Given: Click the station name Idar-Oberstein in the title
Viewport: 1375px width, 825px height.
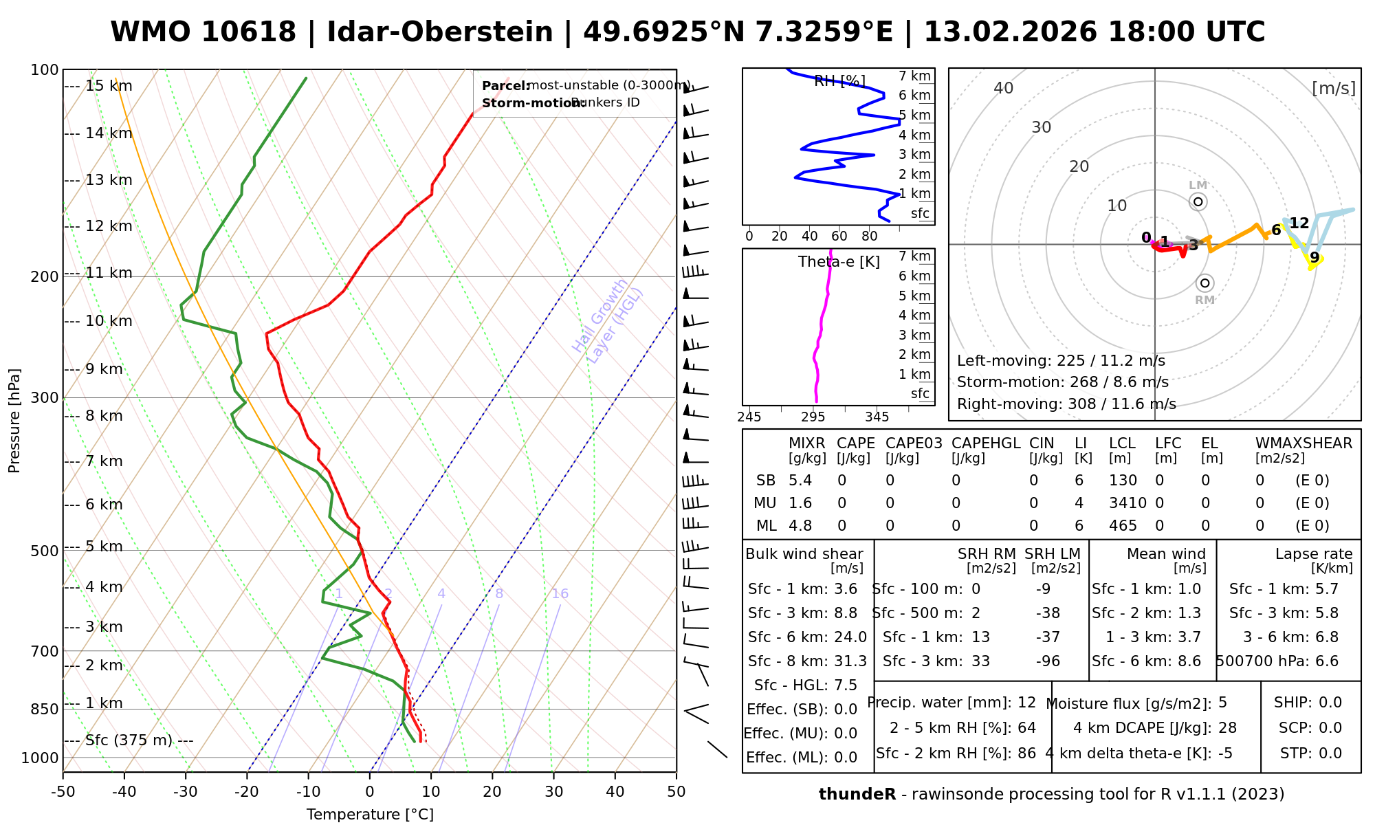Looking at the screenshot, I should click(x=440, y=32).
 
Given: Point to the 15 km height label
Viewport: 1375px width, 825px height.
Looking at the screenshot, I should click(x=109, y=86).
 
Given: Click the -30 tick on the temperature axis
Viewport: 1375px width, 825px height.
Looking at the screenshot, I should click(x=186, y=791).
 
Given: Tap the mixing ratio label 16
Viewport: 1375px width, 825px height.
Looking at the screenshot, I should click(x=560, y=594).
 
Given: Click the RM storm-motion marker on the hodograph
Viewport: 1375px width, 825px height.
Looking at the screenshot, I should click(x=1204, y=283).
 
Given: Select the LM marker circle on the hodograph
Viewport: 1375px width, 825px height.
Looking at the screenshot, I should click(x=1198, y=201).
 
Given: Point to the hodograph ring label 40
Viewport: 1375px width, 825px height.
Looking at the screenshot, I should click(x=1004, y=88).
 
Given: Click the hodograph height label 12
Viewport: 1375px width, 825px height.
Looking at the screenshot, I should click(x=1299, y=223).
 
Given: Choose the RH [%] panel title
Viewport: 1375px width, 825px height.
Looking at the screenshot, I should click(x=839, y=81).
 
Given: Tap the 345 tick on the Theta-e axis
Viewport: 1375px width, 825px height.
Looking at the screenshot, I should click(x=877, y=417).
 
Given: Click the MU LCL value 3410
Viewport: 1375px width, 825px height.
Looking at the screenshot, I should click(x=1127, y=503).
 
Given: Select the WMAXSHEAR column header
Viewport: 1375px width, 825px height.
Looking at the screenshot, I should click(x=1303, y=443).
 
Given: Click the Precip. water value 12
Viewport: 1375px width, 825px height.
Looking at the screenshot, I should click(x=1026, y=703).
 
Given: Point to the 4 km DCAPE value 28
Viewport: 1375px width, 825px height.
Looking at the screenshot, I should click(x=1227, y=728).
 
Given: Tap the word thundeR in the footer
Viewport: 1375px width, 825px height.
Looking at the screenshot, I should click(x=857, y=795).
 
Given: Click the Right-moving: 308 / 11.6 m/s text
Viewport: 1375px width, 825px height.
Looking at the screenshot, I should click(x=1066, y=404).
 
